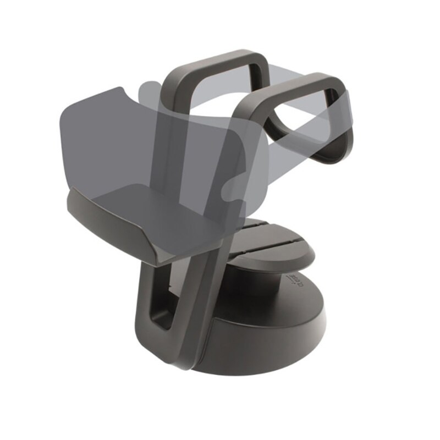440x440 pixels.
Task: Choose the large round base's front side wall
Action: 264,346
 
